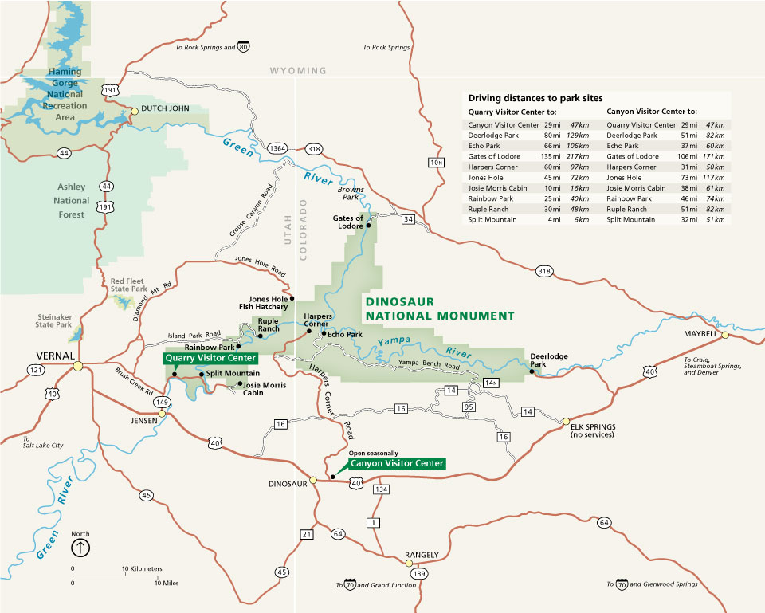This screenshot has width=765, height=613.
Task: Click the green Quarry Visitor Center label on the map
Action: [x=210, y=358]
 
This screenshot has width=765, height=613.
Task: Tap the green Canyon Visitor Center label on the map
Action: [x=397, y=463]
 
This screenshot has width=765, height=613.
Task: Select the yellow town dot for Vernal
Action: [x=77, y=366]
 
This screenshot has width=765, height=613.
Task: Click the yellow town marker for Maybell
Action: [x=725, y=335]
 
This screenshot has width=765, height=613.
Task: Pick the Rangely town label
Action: [x=422, y=554]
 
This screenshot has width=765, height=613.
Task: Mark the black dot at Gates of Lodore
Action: [x=369, y=226]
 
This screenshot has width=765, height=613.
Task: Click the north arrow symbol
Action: [x=80, y=548]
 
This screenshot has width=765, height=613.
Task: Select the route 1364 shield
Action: [x=278, y=149]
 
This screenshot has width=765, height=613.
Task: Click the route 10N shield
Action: [x=435, y=163]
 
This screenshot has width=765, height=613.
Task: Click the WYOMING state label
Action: [x=298, y=71]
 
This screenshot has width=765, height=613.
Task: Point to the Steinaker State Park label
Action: [x=54, y=320]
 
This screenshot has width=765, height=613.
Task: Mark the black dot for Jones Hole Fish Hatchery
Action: [x=292, y=298]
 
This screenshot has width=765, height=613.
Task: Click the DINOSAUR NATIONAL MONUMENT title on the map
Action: [x=439, y=309]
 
